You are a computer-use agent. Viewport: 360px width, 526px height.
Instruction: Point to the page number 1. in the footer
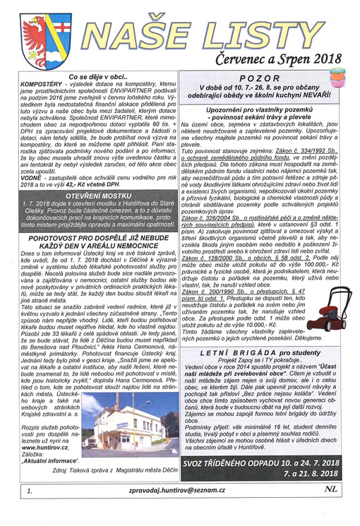tap(28, 508)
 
